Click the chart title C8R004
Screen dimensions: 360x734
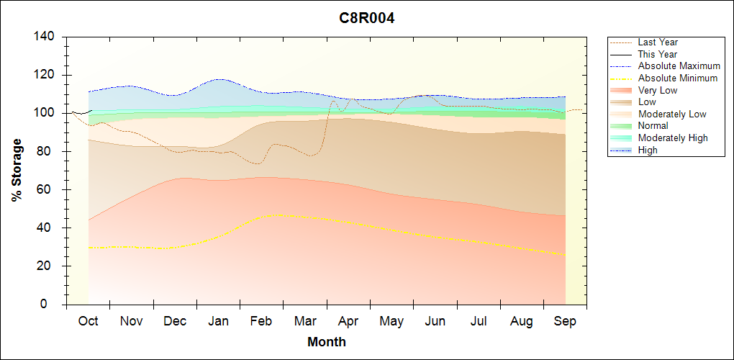click(367, 18)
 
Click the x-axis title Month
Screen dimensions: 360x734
click(326, 342)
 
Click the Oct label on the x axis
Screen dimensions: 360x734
click(88, 321)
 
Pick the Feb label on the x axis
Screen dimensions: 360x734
click(261, 321)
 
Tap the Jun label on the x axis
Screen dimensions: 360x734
click(435, 321)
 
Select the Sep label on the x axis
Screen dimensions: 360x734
click(565, 321)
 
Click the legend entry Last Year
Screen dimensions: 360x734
click(657, 42)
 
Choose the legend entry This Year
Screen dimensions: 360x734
click(657, 54)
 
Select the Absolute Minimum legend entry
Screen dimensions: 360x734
click(677, 78)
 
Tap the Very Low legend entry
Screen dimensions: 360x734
click(657, 90)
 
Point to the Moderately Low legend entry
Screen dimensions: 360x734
click(672, 114)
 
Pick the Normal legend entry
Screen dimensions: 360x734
click(653, 126)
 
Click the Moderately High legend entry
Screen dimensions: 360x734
click(673, 138)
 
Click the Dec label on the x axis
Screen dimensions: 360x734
click(175, 321)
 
